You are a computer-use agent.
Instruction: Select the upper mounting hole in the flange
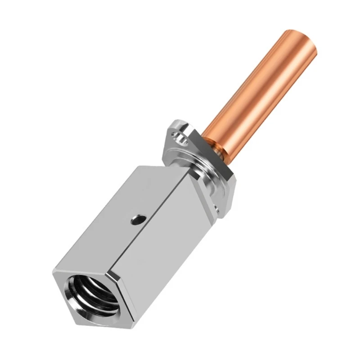click(181, 139)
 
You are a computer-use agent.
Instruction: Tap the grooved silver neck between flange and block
click(198, 171)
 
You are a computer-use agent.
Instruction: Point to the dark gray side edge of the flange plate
click(225, 189)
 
